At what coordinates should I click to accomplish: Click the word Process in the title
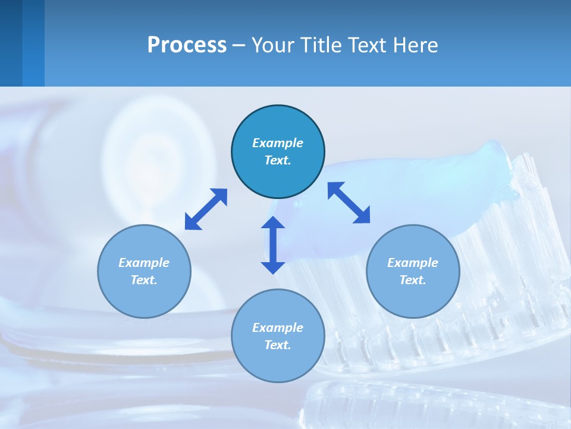[187, 45]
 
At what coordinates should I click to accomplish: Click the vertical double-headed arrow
[273, 245]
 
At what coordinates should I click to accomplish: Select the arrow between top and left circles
[206, 209]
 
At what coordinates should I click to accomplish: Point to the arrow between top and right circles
[349, 203]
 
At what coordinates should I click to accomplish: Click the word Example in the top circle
[278, 143]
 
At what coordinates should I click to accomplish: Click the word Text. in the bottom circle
[278, 345]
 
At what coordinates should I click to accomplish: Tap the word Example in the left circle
[144, 263]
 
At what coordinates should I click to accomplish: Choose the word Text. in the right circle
[413, 280]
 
